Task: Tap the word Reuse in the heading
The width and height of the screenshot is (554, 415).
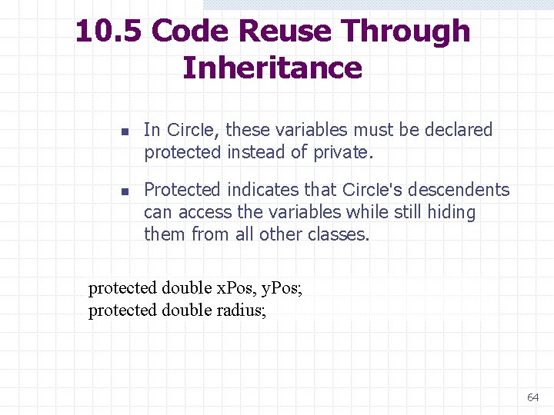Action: pyautogui.click(x=286, y=32)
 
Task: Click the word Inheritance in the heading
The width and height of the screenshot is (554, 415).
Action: pyautogui.click(x=272, y=68)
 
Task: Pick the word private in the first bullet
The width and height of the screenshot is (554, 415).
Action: pyautogui.click(x=342, y=152)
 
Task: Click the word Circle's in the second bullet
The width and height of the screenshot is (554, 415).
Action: pyautogui.click(x=371, y=190)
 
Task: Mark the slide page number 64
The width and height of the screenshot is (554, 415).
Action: pyautogui.click(x=532, y=397)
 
